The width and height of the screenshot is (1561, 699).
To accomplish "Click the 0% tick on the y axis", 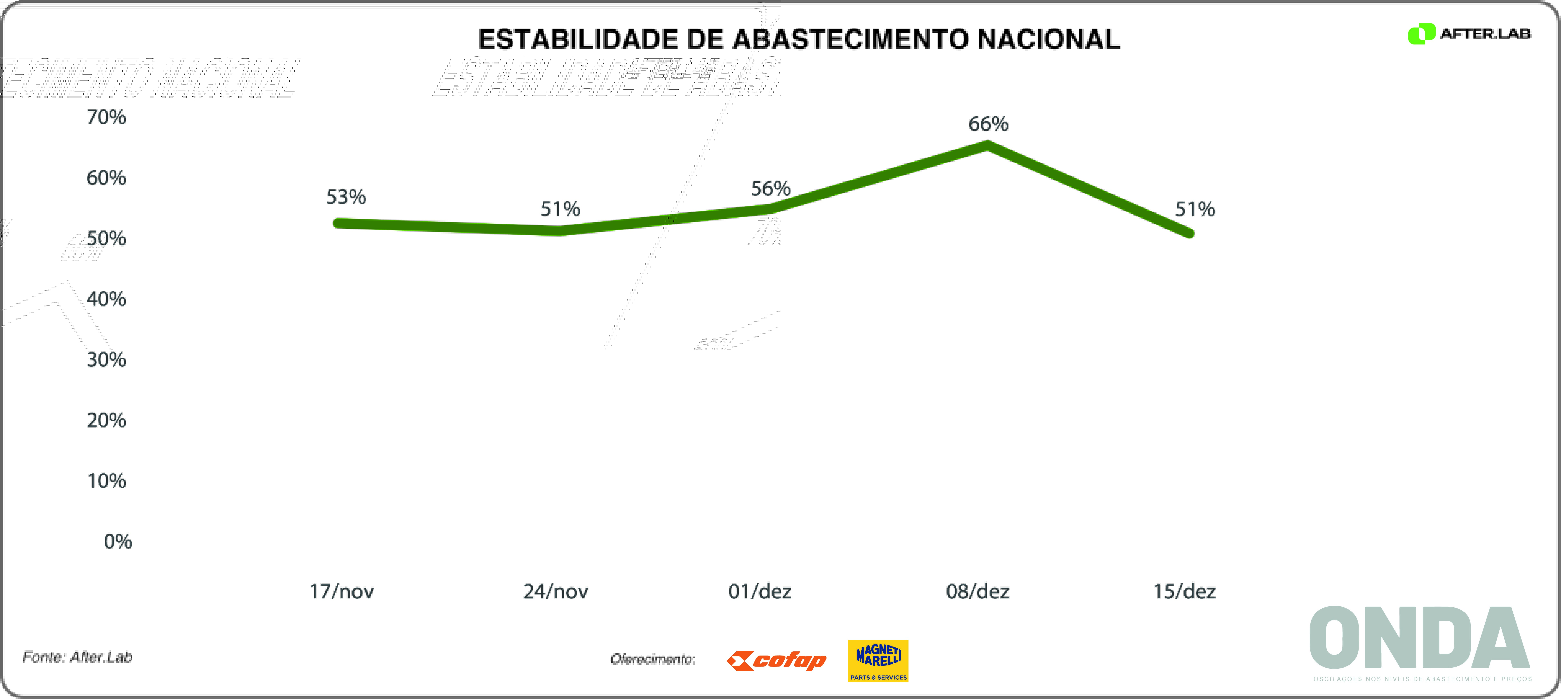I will click(x=117, y=541).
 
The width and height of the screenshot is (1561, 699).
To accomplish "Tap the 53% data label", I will click(x=346, y=197).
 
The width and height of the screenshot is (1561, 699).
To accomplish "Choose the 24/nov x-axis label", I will click(x=556, y=591).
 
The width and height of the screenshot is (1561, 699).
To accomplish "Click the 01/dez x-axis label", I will click(x=760, y=591).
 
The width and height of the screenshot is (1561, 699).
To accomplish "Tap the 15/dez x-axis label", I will click(x=1184, y=591).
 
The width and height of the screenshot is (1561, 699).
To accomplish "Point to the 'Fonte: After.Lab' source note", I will click(x=78, y=657).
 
